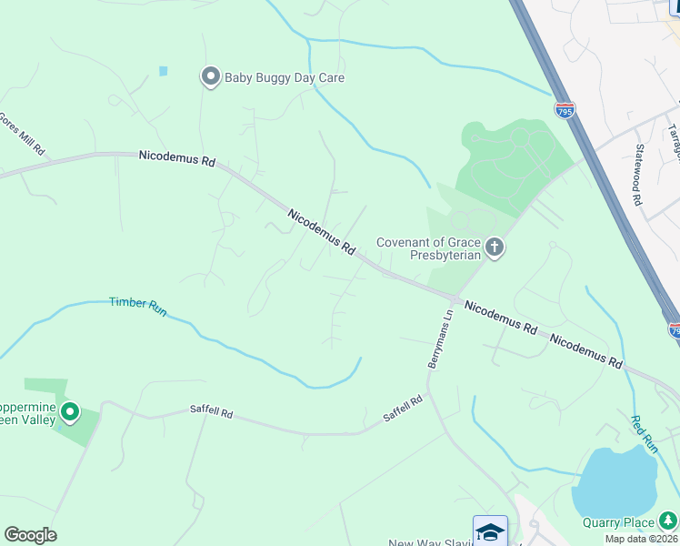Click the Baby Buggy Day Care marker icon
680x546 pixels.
pyautogui.click(x=211, y=77)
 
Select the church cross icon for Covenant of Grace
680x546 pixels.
pyautogui.click(x=495, y=248)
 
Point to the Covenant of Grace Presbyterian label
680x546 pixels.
pyautogui.click(x=429, y=248)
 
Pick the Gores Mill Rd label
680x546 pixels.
pyautogui.click(x=22, y=134)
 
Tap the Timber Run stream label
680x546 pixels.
pyautogui.click(x=138, y=307)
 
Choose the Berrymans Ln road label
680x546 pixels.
pyautogui.click(x=441, y=339)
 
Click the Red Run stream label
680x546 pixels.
pyautogui.click(x=645, y=434)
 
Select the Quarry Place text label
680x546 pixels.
pyautogui.click(x=618, y=522)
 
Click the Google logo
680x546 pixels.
pyautogui.click(x=30, y=535)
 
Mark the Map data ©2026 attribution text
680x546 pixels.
pyautogui.click(x=641, y=539)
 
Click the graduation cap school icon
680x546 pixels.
pyautogui.click(x=490, y=531)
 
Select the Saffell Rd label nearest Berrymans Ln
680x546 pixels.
pyautogui.click(x=403, y=408)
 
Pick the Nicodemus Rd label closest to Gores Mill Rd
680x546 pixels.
pyautogui.click(x=177, y=158)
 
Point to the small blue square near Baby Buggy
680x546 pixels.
pyautogui.click(x=163, y=71)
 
